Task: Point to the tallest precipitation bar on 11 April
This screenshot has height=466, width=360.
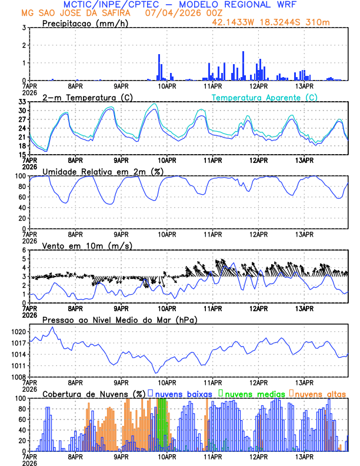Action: tap(244, 66)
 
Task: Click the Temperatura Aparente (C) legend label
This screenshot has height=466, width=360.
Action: tap(264, 97)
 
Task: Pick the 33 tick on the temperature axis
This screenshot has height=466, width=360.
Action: tap(22, 102)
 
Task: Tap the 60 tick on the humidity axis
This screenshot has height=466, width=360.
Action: tap(22, 197)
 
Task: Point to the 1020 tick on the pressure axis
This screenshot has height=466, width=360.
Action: tap(18, 332)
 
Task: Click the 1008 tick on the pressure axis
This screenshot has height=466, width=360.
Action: tap(18, 377)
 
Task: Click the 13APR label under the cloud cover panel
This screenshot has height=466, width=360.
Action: tap(304, 457)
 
